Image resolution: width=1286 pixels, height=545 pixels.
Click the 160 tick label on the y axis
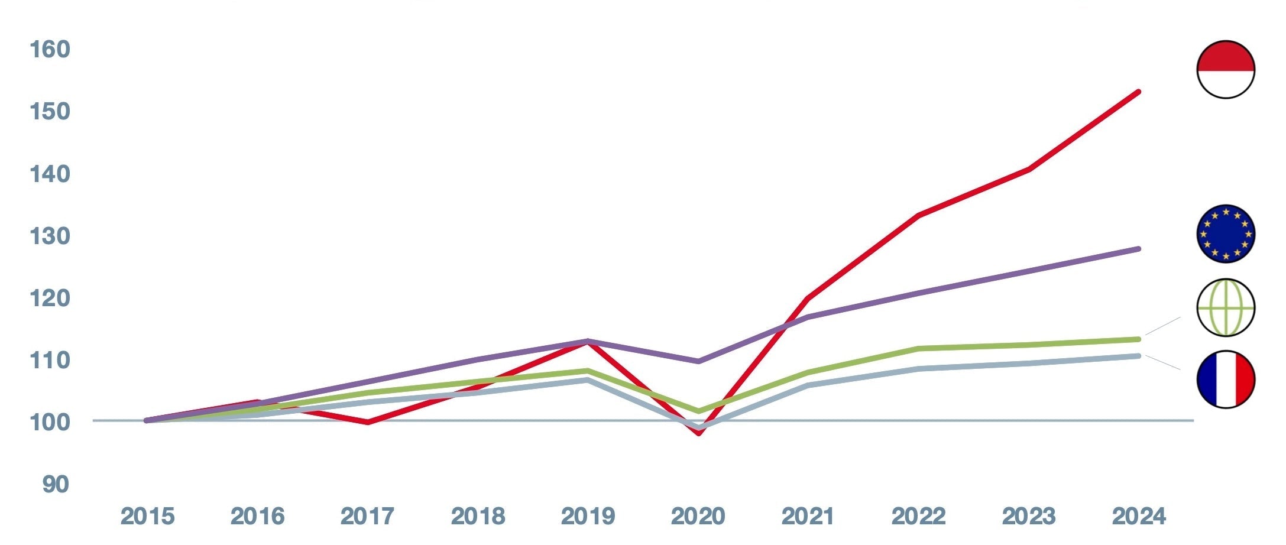click(50, 50)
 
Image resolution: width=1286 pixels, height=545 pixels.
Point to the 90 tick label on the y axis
click(56, 485)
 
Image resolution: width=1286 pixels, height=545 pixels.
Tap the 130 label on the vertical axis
click(50, 236)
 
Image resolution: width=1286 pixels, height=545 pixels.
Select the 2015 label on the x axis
click(147, 517)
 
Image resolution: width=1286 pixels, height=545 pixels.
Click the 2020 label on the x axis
click(698, 517)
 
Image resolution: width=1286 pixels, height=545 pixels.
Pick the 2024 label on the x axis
click(1139, 517)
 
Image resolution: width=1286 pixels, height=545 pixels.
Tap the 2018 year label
click(478, 517)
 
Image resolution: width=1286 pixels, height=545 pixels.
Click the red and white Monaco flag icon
click(1226, 70)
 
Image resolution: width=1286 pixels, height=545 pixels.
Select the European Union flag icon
click(1226, 233)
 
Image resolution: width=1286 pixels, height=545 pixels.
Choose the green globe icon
click(1226, 307)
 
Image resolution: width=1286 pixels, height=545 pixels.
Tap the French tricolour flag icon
click(1226, 379)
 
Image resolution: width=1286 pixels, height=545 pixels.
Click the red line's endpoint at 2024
click(1138, 92)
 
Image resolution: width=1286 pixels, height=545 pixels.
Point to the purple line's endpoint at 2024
click(1138, 249)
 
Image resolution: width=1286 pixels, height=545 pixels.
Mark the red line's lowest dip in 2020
click(699, 433)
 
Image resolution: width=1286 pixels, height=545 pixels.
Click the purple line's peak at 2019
click(588, 340)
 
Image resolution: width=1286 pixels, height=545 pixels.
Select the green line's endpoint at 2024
click(1138, 339)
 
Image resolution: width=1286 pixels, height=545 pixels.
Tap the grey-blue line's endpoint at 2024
click(1138, 356)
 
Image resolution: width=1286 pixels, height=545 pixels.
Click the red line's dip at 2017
click(368, 422)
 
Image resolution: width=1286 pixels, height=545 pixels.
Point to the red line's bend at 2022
click(918, 215)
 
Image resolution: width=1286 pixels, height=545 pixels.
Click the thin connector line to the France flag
click(1162, 362)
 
